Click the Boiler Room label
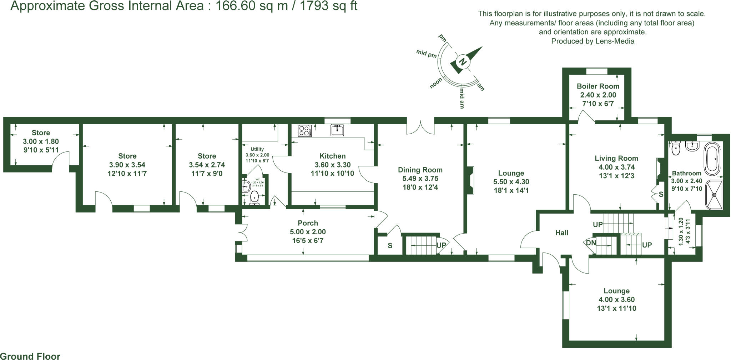(598, 86)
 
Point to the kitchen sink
(337, 130)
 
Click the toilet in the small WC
(254, 197)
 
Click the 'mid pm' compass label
(427, 54)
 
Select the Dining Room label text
(420, 170)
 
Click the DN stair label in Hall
(591, 243)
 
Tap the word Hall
(561, 233)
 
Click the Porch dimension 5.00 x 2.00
(308, 232)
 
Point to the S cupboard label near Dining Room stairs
(390, 246)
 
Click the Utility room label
(257, 149)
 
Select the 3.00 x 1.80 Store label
(41, 141)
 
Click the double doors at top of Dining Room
(420, 127)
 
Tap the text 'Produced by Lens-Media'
(593, 41)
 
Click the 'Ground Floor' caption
(30, 356)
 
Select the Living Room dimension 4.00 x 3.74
(616, 167)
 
